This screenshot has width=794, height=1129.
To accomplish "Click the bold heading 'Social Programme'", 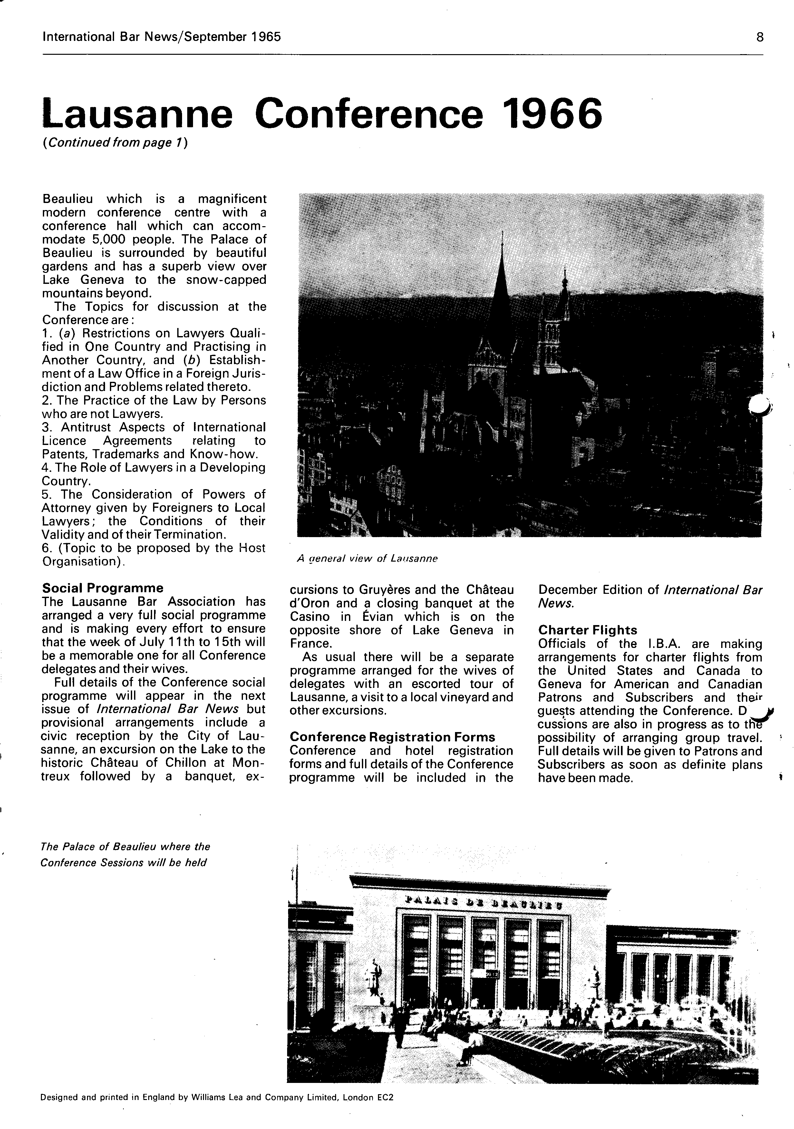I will pyautogui.click(x=103, y=588).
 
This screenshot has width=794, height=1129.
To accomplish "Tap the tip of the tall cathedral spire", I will pyautogui.click(x=502, y=232).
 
